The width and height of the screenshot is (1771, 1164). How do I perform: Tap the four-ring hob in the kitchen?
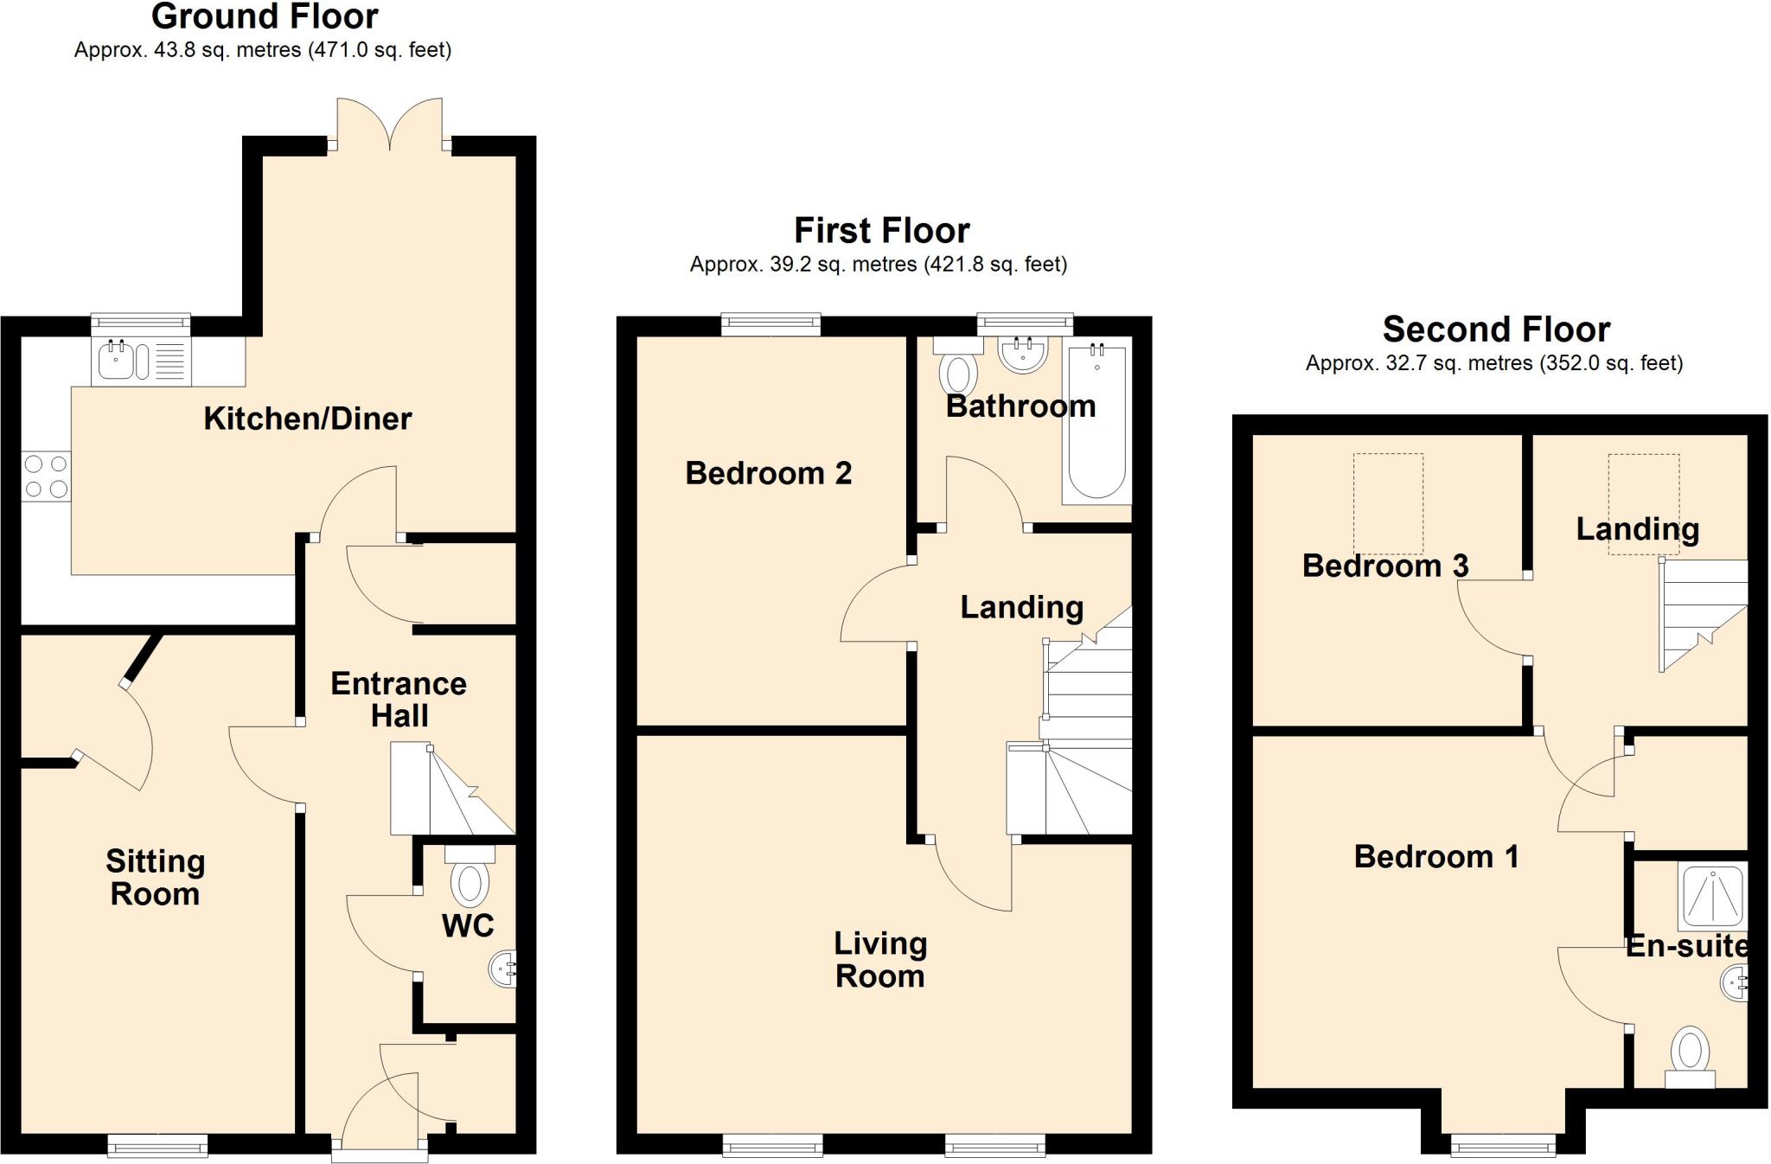pos(47,476)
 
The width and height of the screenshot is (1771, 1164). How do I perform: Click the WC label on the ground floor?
pos(468,925)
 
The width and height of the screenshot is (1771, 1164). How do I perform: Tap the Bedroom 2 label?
pos(768,473)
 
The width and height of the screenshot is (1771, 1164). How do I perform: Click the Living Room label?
pos(879,959)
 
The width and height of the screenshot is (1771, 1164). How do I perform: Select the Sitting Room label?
pos(155,877)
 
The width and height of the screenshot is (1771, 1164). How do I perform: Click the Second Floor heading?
pos(1495,329)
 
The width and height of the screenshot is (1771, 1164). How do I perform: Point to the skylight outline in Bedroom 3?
pos(1388,504)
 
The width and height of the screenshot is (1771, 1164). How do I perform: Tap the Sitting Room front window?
pos(157,1147)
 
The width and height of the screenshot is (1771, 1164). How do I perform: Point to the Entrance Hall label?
pos(399,700)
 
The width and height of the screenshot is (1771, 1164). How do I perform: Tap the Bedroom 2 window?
pos(770,324)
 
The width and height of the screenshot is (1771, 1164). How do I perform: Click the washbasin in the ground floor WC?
pos(505,969)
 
